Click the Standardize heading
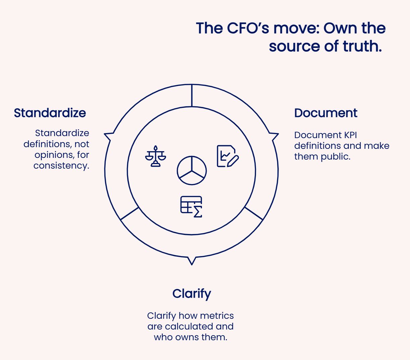click(x=50, y=113)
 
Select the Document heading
click(x=325, y=113)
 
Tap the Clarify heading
click(x=192, y=294)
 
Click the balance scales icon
click(x=155, y=156)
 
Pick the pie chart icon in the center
click(x=192, y=170)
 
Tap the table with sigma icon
click(x=192, y=206)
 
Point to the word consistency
click(x=61, y=166)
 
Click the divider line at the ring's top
click(x=192, y=96)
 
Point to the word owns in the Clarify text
click(x=187, y=337)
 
